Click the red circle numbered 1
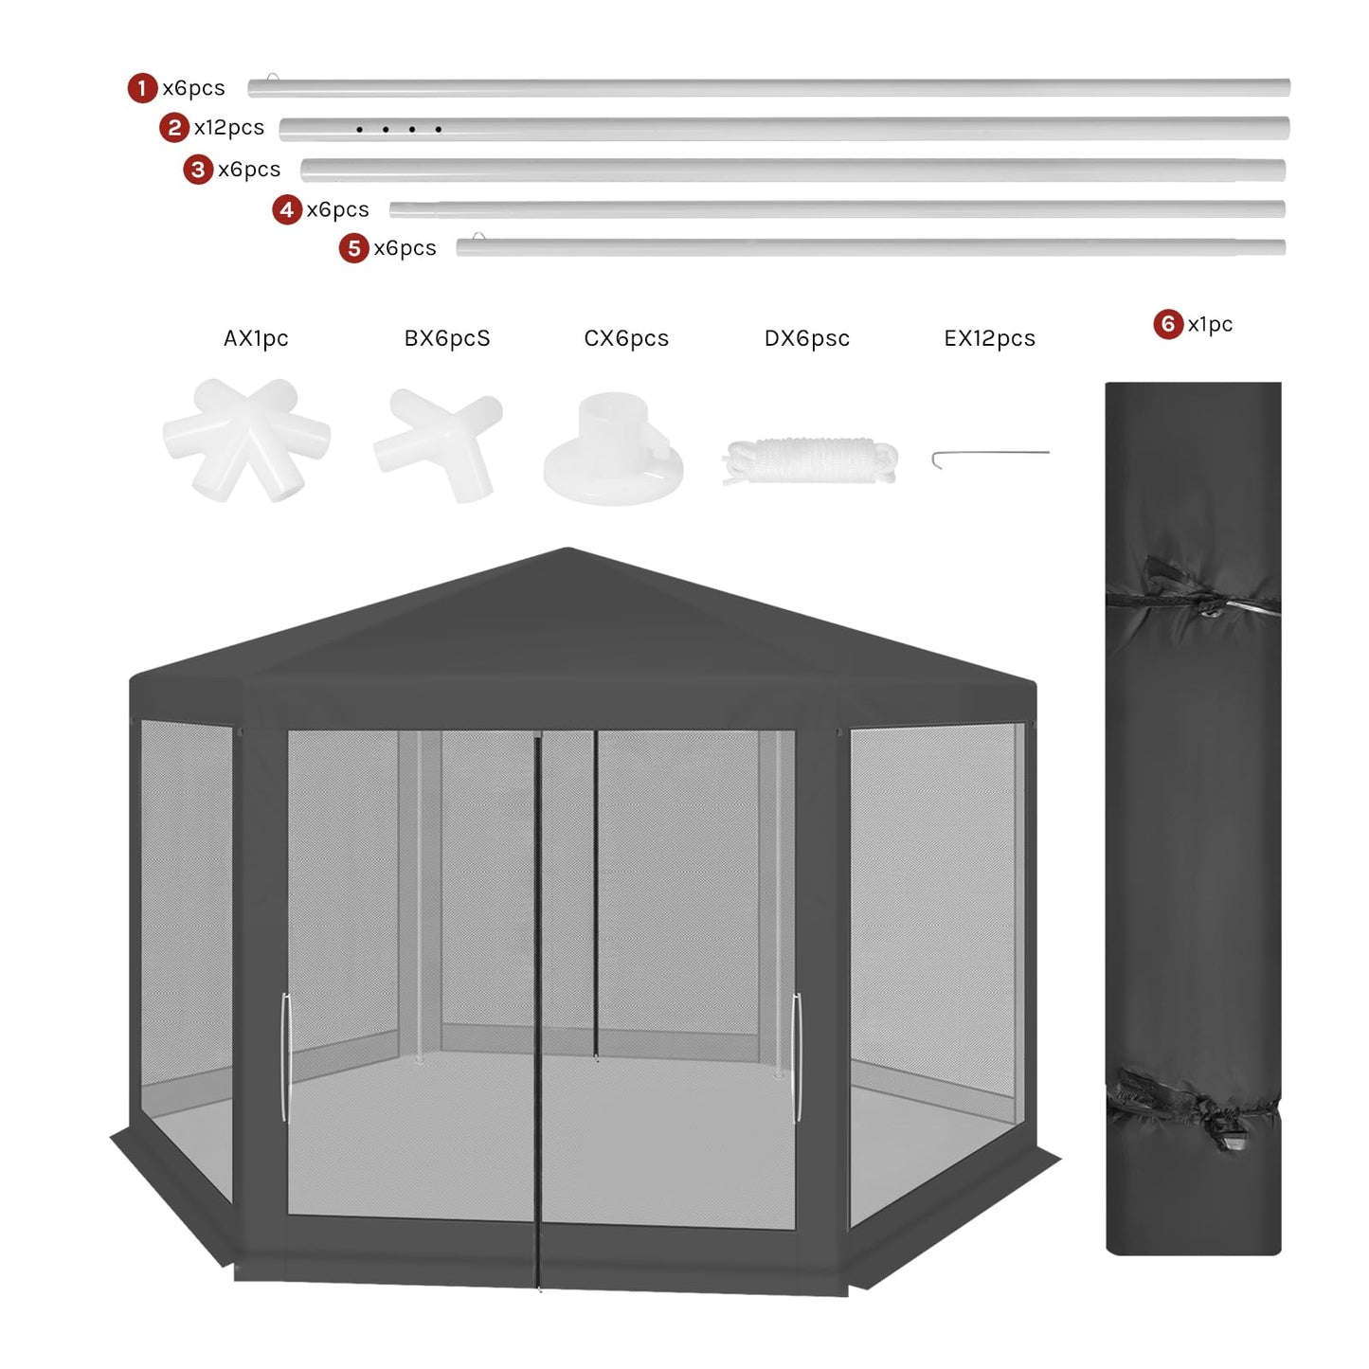point(142,88)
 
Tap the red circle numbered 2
point(173,127)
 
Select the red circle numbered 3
point(197,170)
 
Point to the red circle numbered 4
point(287,209)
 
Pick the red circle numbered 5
point(353,248)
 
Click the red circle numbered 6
point(1167,324)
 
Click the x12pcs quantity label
point(229,127)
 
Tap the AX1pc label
point(256,338)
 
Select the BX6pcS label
point(447,338)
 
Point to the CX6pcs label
point(626,338)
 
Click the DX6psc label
point(807,338)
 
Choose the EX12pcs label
point(989,338)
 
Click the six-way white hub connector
point(246,439)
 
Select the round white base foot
point(613,449)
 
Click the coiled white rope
point(810,460)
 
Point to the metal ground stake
point(989,456)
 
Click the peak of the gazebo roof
point(567,550)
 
